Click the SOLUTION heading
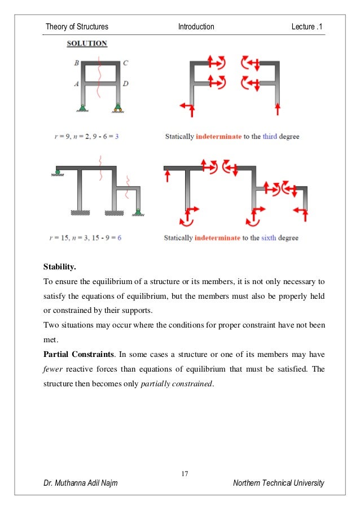coord(87,43)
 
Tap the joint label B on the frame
coord(76,63)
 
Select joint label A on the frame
coord(76,83)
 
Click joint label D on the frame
coord(125,84)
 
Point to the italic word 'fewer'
coord(54,368)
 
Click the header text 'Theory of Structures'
coord(77,27)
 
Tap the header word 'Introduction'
coord(196,27)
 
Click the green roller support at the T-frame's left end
coord(58,172)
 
